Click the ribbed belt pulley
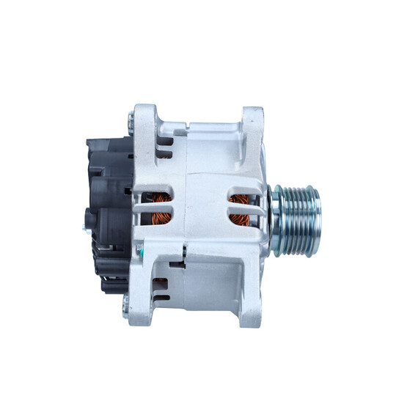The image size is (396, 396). pyautogui.click(x=296, y=211)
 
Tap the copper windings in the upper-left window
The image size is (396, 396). pyautogui.click(x=158, y=199)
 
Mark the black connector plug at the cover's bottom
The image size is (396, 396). pyautogui.click(x=110, y=282)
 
